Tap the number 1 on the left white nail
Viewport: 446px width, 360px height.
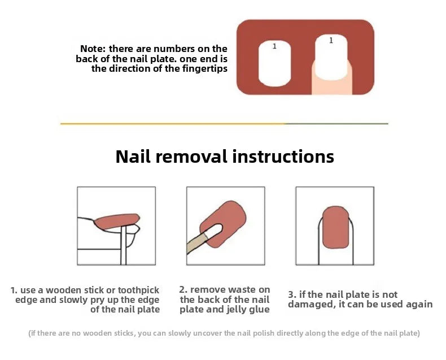(274, 46)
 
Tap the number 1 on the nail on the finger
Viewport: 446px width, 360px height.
(331, 41)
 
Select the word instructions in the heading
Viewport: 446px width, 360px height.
(283, 157)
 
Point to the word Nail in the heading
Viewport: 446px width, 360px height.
(133, 157)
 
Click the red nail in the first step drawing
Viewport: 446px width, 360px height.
(117, 222)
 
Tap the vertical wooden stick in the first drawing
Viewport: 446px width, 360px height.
(124, 245)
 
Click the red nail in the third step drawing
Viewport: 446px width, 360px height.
(336, 227)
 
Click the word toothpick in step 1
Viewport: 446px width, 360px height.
(138, 290)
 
